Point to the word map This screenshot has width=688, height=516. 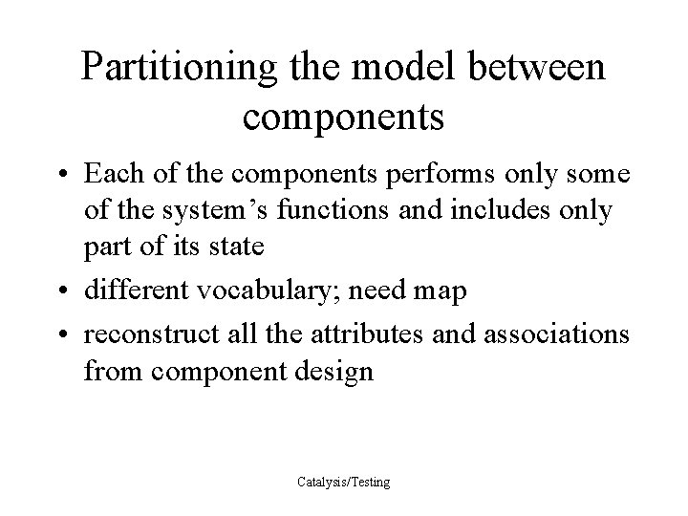pos(440,290)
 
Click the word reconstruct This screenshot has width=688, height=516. pos(147,336)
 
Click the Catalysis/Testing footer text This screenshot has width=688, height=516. pos(343,483)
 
